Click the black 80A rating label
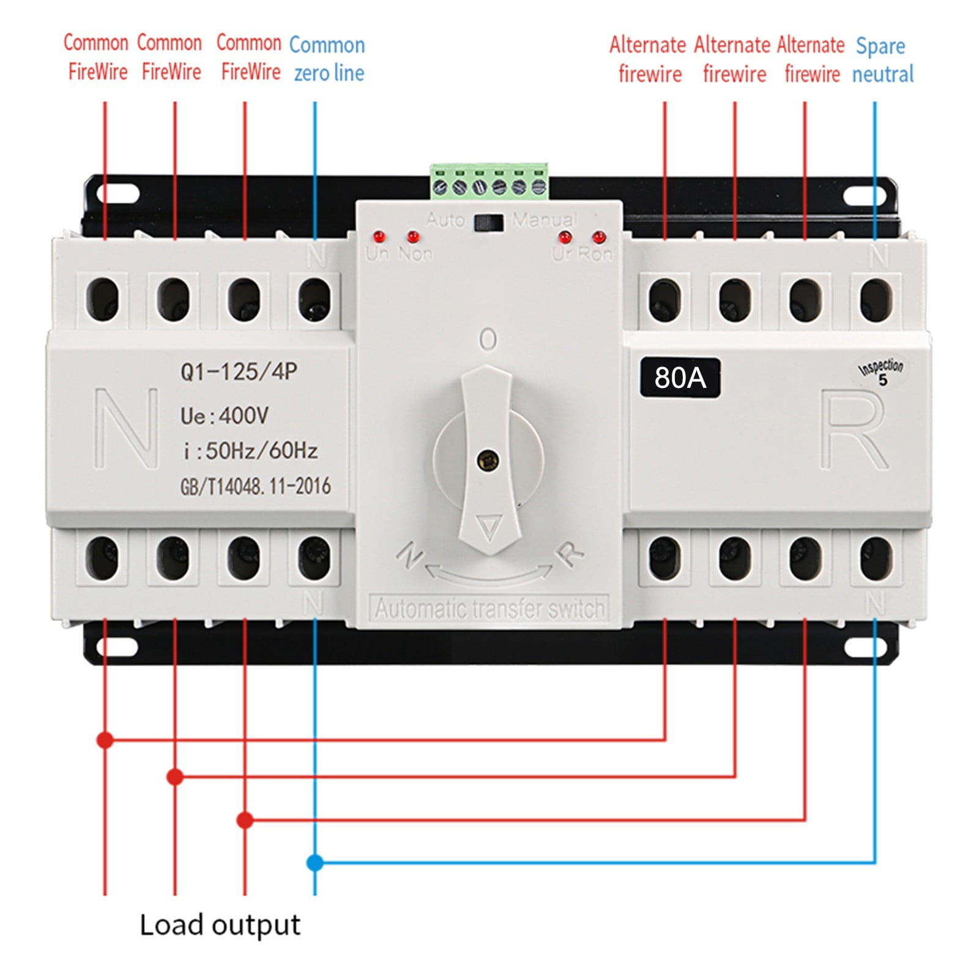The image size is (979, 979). coord(680,378)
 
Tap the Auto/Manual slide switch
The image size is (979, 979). coord(489,222)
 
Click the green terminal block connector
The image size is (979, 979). coord(489,182)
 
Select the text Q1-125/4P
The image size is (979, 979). coord(239,371)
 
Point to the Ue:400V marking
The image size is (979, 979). coord(225,416)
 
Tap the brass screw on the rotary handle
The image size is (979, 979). coord(488,460)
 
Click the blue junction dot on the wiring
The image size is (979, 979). coord(315,863)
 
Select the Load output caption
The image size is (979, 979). coord(220,925)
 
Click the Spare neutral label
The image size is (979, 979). coord(882,60)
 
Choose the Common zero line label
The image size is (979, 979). coord(328,59)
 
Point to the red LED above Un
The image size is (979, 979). coord(379,236)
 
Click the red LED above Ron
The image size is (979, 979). coord(598,236)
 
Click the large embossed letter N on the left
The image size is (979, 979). coord(127,428)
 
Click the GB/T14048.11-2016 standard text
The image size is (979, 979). coord(255,486)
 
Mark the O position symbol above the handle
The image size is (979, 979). coord(488,339)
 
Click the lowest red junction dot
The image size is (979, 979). coord(245,820)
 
